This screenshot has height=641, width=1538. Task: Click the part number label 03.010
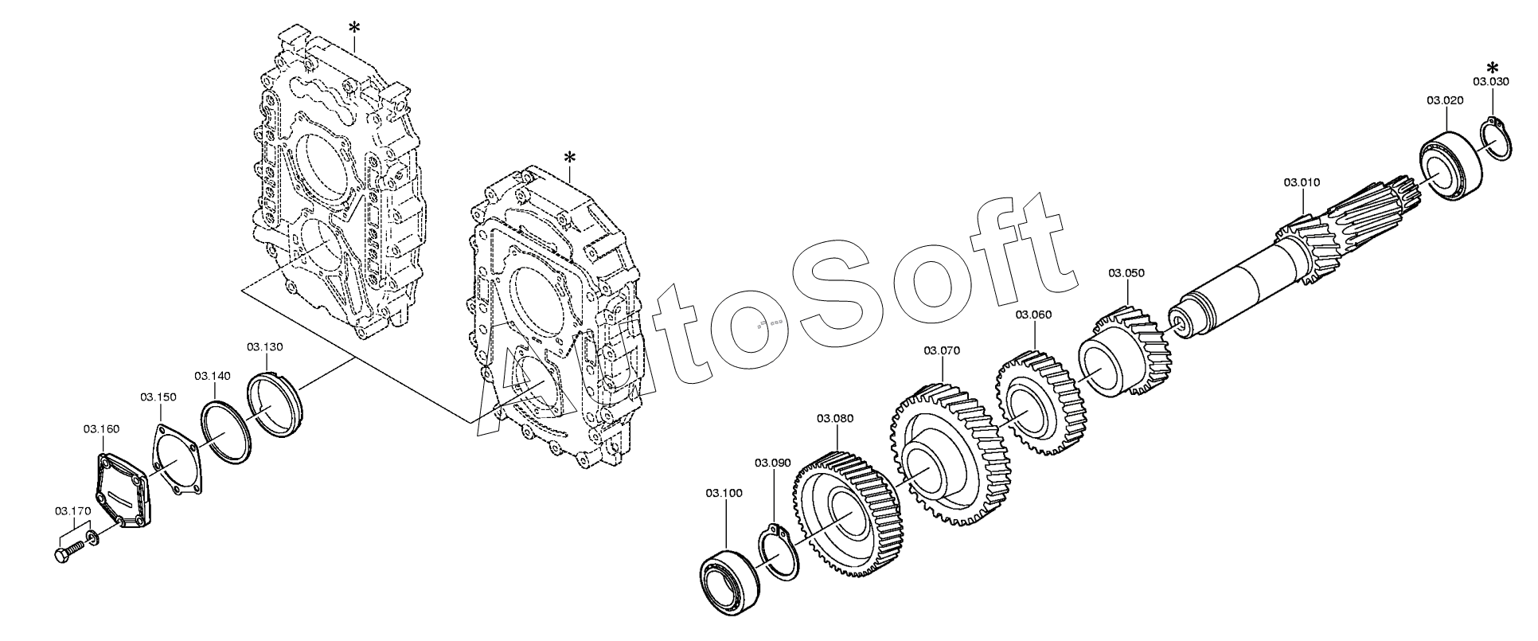click(1302, 182)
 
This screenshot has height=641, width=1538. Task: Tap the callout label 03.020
click(1445, 100)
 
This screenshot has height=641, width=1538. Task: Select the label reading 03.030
click(1491, 81)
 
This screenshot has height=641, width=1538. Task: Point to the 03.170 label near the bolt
click(73, 510)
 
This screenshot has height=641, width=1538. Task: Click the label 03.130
click(265, 347)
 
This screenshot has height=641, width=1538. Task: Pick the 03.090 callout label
click(773, 463)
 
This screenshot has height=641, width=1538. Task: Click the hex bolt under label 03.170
click(69, 551)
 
